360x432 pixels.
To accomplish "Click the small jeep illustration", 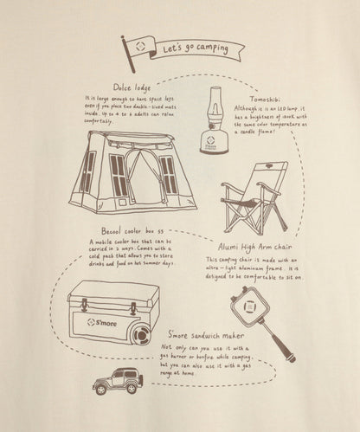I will pos(119,400).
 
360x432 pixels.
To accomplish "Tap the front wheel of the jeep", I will pos(104,409).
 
